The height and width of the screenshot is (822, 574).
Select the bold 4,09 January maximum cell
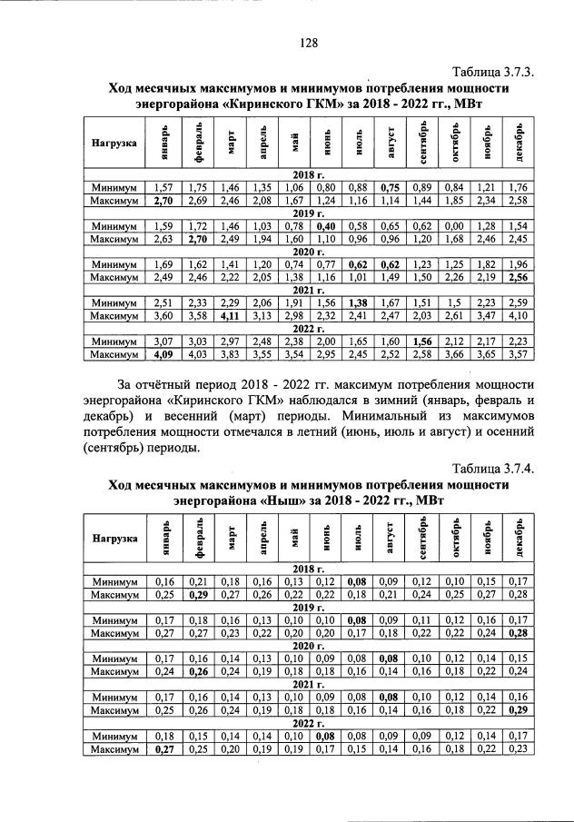pos(163,354)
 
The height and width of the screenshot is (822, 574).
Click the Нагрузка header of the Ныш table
pos(114,538)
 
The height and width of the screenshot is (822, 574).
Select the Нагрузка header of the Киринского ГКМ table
pos(114,143)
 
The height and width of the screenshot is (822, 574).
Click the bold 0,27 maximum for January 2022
pos(163,749)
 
